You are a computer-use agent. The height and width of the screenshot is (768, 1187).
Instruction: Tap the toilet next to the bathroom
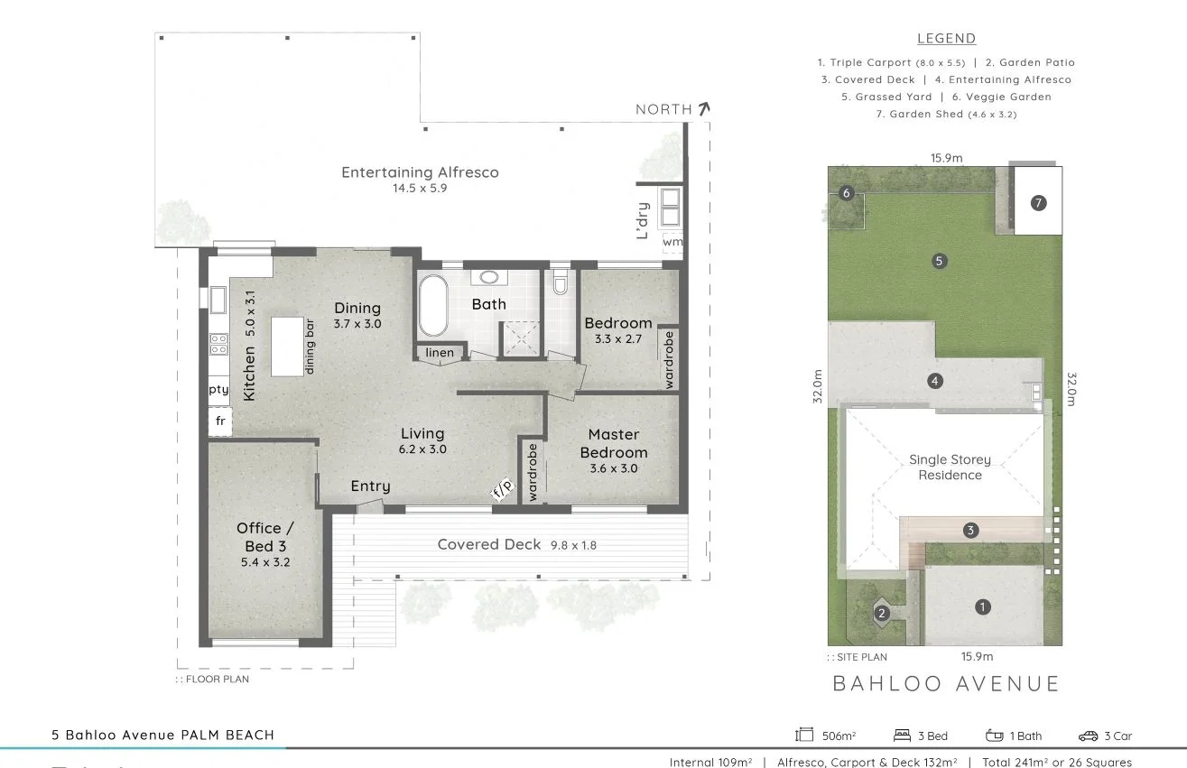click(x=560, y=283)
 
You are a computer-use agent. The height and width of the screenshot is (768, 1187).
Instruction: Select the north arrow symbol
click(x=704, y=108)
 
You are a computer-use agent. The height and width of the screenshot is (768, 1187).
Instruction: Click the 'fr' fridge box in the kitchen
click(x=220, y=421)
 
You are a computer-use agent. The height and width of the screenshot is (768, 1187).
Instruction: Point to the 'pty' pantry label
click(x=218, y=390)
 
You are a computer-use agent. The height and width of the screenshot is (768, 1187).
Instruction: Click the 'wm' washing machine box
click(x=672, y=242)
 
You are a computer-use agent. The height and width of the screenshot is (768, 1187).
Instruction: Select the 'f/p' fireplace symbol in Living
click(x=502, y=489)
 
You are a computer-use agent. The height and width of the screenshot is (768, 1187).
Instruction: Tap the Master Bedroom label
click(x=613, y=444)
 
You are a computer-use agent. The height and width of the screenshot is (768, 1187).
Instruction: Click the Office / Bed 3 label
click(x=264, y=537)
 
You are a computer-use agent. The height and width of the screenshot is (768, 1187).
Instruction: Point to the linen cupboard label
click(x=440, y=352)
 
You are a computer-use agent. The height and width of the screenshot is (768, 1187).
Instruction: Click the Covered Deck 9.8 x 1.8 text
click(x=516, y=544)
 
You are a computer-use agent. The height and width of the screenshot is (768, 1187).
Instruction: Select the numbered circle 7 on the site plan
click(x=1038, y=203)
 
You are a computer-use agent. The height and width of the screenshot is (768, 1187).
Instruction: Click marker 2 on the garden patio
click(x=882, y=614)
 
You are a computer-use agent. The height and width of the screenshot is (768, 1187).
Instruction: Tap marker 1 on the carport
click(x=982, y=607)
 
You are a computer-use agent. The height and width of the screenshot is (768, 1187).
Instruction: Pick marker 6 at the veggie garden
click(x=846, y=193)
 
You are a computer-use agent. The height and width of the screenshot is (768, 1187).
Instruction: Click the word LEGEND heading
click(x=946, y=39)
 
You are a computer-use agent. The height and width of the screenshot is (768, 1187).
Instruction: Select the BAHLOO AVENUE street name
click(x=946, y=683)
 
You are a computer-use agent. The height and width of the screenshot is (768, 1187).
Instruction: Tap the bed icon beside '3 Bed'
click(x=901, y=736)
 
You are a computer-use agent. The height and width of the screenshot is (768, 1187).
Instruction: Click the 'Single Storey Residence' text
click(x=950, y=467)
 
